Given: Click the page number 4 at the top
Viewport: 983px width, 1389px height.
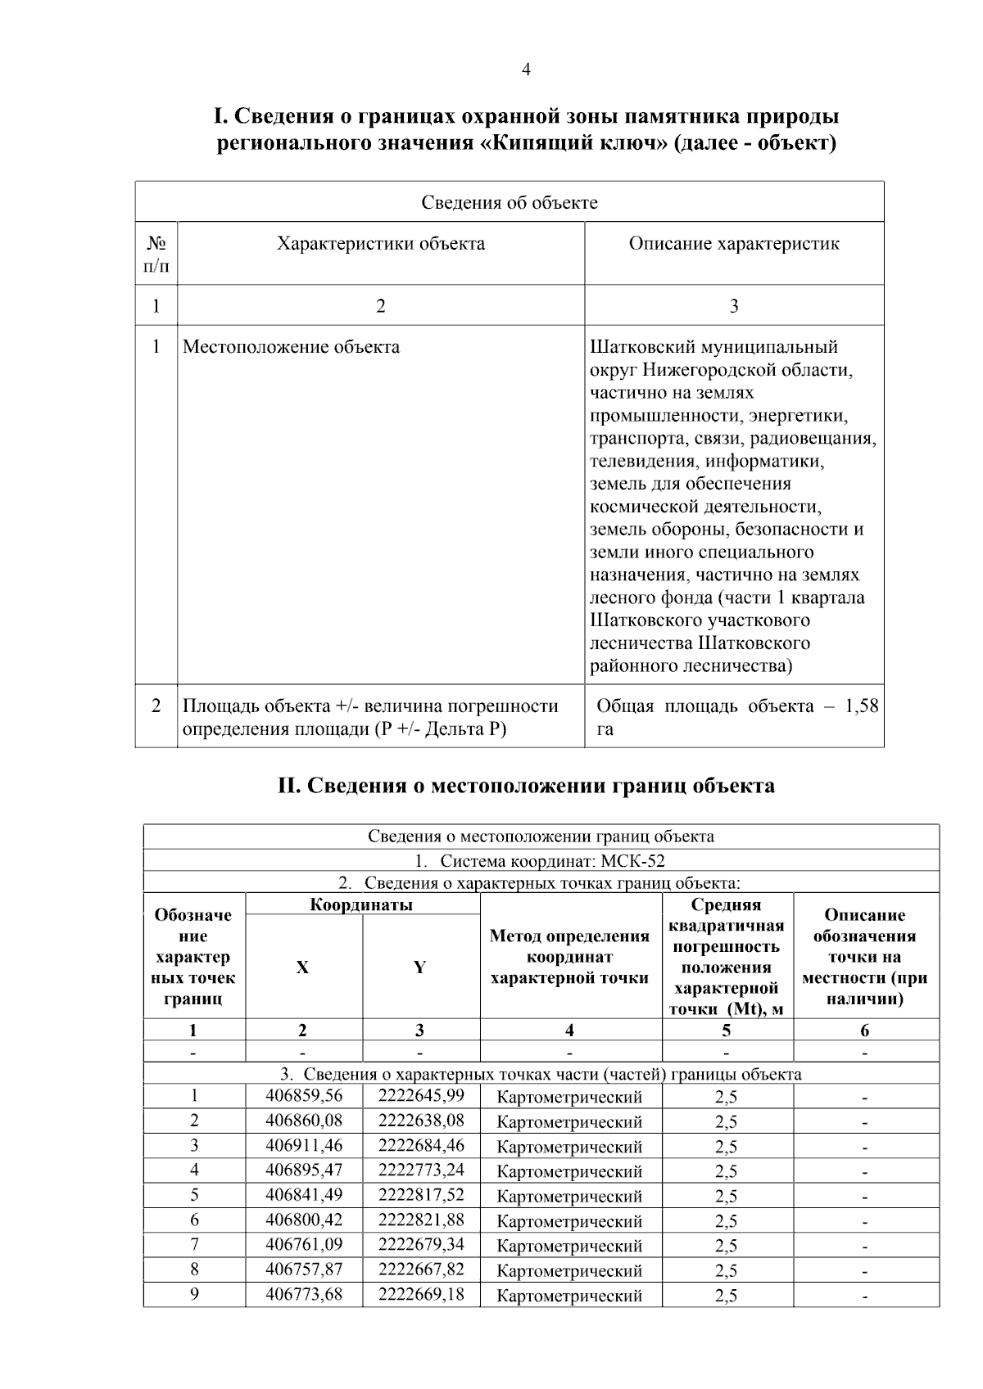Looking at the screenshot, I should click(526, 70).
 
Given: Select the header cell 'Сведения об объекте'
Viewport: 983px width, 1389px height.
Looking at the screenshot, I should click(509, 202).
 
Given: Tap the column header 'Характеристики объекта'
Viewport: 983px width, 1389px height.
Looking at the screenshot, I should click(380, 244).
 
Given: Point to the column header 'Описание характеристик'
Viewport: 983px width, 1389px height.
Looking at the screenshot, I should click(733, 244).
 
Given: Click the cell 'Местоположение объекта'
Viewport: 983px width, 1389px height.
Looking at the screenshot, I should click(291, 347).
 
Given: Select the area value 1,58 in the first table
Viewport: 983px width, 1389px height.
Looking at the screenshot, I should click(861, 706).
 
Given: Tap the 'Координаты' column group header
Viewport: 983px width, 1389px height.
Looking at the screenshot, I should click(361, 905).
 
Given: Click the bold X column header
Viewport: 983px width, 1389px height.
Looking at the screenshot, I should click(302, 967).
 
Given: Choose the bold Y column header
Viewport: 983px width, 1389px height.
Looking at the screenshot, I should click(419, 967).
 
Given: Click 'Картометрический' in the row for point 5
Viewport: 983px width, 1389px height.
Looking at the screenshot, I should click(569, 1197).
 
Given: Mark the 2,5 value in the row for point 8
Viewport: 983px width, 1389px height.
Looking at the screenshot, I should click(726, 1271).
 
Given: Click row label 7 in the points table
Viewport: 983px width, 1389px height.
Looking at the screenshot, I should click(194, 1246).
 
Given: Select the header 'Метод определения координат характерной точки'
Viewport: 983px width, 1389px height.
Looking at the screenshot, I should click(569, 957).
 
